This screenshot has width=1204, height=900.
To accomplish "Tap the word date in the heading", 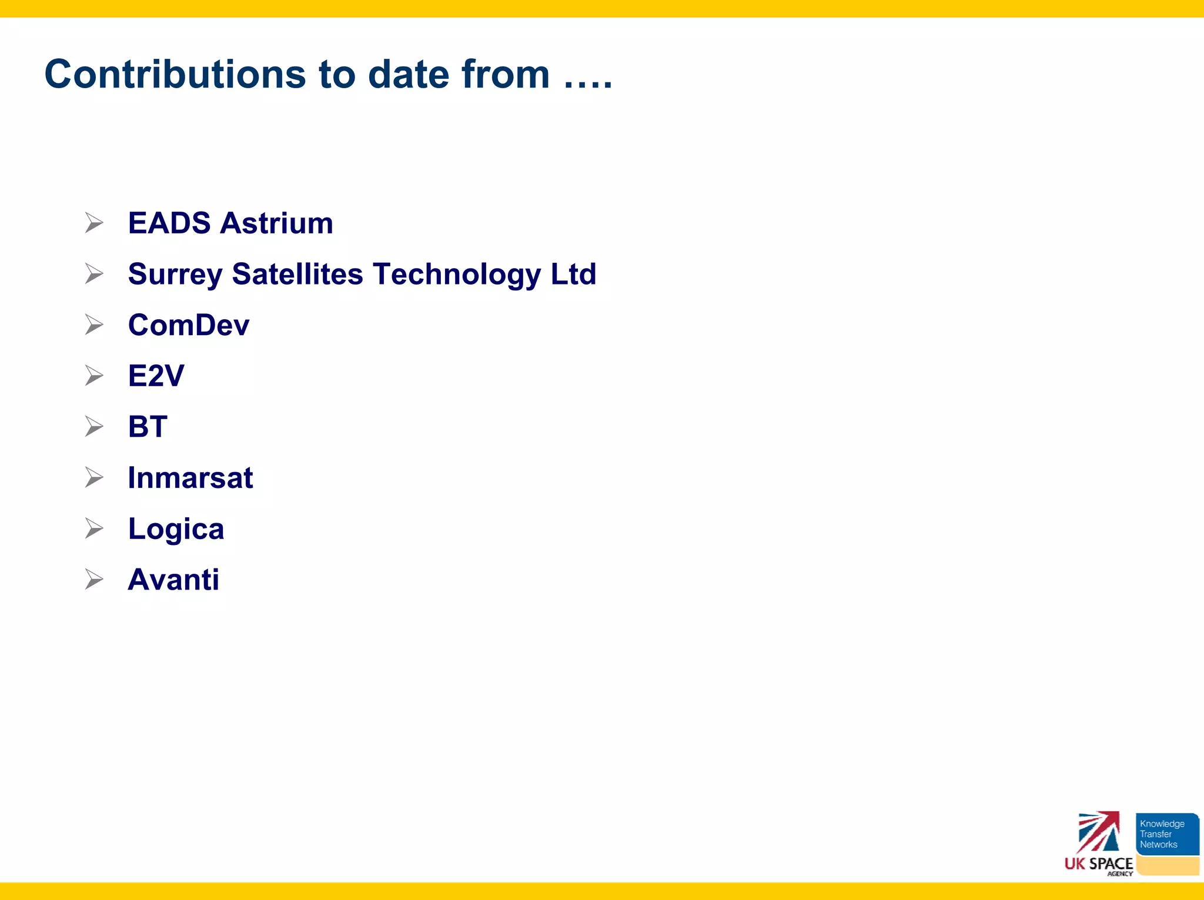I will pos(409,75).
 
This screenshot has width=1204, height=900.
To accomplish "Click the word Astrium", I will pos(277,223).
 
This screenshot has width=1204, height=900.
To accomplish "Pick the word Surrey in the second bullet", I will pos(175,275).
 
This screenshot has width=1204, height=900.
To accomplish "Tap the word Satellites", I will pos(297,275).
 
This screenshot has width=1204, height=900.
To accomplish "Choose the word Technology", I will pos(457,275).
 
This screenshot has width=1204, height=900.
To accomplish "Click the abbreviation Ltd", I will pos(573,275).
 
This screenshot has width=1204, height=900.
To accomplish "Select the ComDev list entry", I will pos(189,325).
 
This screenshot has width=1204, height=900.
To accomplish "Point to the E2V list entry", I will pos(156,376).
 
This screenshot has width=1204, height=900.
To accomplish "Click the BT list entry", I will pos(148,427).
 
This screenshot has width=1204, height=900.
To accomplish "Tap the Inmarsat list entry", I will pos(190,478).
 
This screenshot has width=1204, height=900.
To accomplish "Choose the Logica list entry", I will pos(176,529).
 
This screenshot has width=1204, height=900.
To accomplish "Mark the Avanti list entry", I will pos(173,580).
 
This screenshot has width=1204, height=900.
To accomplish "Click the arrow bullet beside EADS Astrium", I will pos(94,223).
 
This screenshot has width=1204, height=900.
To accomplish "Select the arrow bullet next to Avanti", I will pos(94,580).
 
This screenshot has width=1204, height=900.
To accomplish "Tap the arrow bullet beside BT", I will pos(94,427).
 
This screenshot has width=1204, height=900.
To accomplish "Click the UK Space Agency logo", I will pos(1098,844).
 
